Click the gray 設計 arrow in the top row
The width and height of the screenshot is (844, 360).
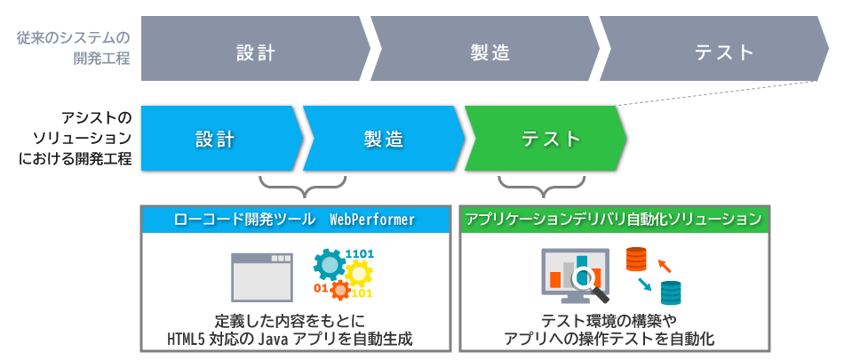coord(256,52)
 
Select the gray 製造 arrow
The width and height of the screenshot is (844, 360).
coord(490,52)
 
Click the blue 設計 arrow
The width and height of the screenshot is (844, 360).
coord(216,139)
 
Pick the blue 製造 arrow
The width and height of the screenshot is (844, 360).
coord(383,139)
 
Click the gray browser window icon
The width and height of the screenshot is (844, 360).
coord(262,276)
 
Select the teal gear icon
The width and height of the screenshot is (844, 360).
coord(330,264)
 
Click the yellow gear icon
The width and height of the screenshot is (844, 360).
coord(341,286)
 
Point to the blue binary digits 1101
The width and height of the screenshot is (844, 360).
coord(360,255)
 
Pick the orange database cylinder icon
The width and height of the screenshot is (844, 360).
coord(635,260)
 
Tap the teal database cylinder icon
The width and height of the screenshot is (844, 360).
coord(670,291)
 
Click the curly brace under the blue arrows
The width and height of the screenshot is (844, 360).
coord(302,187)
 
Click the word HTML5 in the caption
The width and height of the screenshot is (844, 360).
coord(186,339)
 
